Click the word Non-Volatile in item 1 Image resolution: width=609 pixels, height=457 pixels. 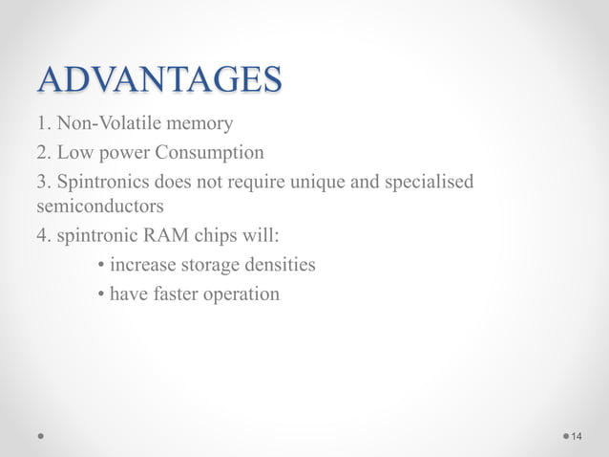coord(103,123)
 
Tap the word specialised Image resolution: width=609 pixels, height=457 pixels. coord(429,181)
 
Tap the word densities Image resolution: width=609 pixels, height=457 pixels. coord(281,264)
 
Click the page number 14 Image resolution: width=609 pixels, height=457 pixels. coord(577,437)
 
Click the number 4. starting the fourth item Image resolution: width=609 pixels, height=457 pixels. coord(44,235)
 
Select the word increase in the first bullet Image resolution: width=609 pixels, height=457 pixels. coord(143,264)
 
